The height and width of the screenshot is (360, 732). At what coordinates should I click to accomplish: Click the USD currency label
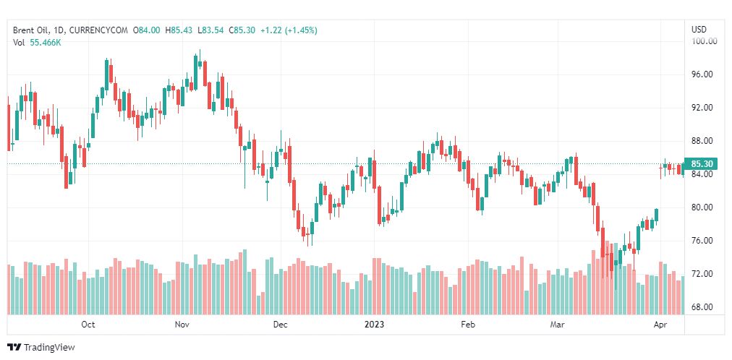coord(699,30)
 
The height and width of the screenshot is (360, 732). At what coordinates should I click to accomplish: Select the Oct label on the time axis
coord(88,325)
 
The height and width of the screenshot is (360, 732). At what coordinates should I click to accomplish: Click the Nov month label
coord(182,325)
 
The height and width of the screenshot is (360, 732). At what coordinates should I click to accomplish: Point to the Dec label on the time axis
coord(280,325)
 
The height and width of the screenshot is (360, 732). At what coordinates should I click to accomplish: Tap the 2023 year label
coord(375,325)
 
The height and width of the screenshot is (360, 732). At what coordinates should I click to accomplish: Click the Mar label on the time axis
coord(556,325)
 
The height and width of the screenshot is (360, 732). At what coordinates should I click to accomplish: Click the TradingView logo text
coord(49,348)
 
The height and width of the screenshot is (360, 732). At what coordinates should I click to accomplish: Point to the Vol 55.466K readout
coord(37,43)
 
